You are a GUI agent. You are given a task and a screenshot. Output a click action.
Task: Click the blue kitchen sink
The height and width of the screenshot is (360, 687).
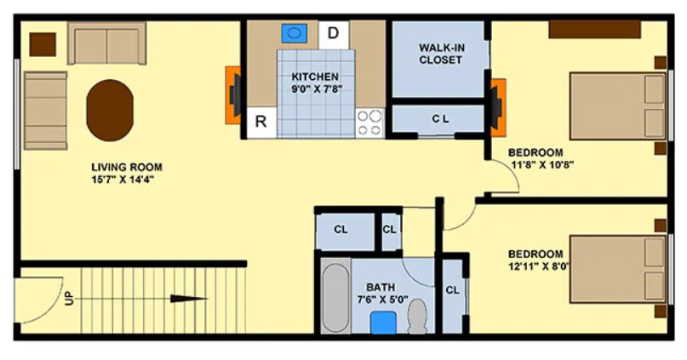294,33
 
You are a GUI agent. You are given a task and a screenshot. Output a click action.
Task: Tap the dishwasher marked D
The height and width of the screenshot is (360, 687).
334,35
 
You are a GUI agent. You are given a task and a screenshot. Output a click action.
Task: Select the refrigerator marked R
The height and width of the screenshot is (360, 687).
261,122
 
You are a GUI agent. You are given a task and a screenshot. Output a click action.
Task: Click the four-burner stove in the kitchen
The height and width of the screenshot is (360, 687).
369,123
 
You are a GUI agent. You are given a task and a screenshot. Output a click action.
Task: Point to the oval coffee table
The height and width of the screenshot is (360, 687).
110,110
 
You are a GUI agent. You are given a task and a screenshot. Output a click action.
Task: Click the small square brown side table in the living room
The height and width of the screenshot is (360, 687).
43,44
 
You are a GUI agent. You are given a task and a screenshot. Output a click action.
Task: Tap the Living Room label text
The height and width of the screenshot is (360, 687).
127,168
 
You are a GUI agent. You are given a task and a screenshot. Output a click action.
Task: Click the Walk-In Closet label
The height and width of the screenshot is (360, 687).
441,54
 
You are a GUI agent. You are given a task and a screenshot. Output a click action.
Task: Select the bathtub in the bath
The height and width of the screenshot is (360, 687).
335,297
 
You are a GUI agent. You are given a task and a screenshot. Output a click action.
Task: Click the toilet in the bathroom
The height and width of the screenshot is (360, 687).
417,316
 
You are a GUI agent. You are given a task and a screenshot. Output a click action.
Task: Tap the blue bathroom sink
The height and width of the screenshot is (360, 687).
383,323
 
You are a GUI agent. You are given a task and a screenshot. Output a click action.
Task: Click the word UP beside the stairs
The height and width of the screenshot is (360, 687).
69,299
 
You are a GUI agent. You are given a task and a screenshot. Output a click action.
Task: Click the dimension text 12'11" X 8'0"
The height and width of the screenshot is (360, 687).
539,266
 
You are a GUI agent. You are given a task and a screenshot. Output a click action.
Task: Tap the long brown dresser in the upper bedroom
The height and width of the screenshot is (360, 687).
594,29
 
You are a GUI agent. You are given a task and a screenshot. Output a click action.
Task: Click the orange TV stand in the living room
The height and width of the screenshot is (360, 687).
233,95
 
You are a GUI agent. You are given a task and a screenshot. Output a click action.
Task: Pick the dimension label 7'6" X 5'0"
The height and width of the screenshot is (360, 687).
382,300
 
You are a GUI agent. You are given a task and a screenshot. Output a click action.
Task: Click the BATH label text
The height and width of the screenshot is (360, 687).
381,288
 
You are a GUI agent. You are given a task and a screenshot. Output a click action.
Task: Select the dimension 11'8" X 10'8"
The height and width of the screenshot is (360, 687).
543,164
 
